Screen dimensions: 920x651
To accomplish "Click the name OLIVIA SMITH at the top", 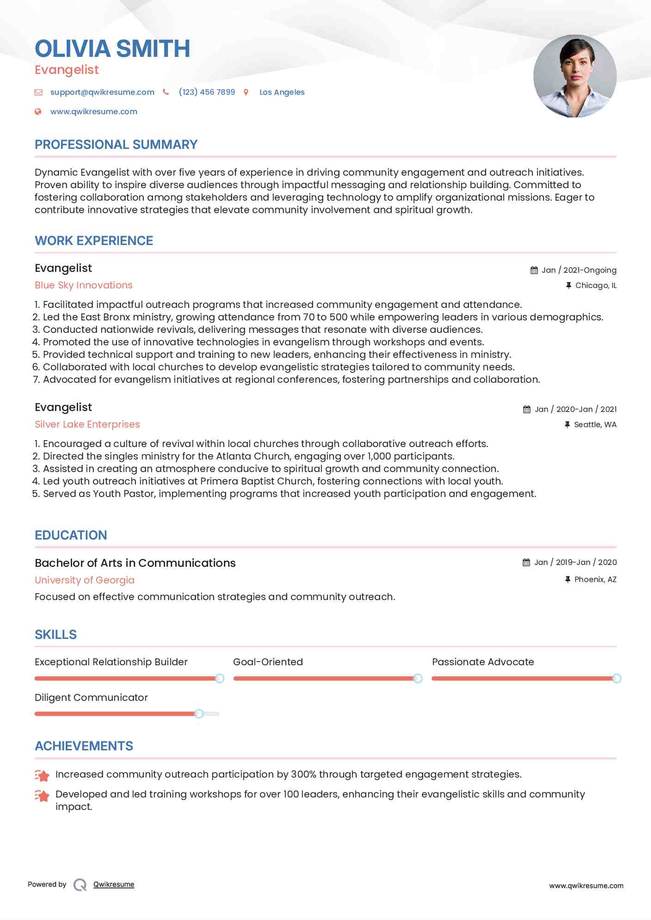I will (112, 49).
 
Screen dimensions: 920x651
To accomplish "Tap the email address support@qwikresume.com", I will (102, 92).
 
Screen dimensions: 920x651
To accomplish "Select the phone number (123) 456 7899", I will (207, 92).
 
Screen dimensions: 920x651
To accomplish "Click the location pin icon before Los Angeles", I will (246, 92).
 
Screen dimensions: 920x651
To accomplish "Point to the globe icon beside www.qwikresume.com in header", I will (38, 111).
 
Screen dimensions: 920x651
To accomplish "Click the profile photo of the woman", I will (575, 76).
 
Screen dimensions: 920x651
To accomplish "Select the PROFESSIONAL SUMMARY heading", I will (116, 145).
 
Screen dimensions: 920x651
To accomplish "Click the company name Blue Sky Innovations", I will (84, 285).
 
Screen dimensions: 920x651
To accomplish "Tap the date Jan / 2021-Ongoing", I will (579, 270).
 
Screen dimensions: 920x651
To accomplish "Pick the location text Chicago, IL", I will (595, 285).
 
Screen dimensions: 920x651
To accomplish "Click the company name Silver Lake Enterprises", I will (87, 424).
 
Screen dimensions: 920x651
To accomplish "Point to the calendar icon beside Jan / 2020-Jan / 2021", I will (527, 409).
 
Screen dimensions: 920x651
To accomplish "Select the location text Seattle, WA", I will (595, 424).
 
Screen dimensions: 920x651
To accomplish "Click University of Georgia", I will (85, 580).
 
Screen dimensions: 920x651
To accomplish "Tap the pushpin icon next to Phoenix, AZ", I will (568, 579).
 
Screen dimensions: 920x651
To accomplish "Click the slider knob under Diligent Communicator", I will (199, 714).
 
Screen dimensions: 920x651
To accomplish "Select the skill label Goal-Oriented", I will (268, 662).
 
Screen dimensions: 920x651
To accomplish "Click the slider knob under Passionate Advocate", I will (616, 678).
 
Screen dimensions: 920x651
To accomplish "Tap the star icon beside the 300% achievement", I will (42, 775).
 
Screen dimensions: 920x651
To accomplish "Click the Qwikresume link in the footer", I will (114, 884).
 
